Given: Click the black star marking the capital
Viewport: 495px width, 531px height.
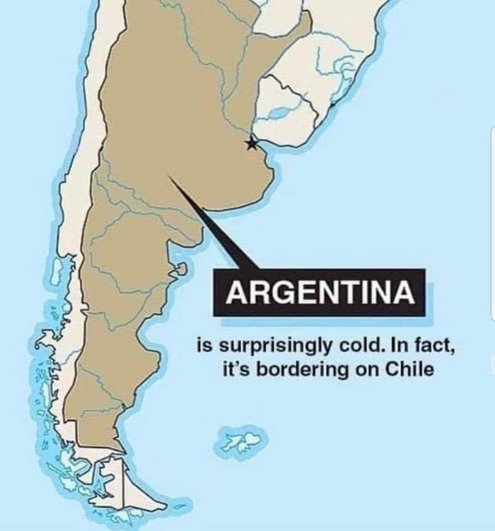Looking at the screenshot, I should pyautogui.click(x=251, y=143).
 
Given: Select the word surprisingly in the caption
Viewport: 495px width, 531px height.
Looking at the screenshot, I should pyautogui.click(x=265, y=348).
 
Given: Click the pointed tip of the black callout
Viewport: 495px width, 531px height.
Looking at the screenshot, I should pyautogui.click(x=170, y=177).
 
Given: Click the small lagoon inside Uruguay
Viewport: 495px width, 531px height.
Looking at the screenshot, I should pyautogui.click(x=278, y=113).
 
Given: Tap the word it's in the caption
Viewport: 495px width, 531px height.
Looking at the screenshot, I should pyautogui.click(x=238, y=369).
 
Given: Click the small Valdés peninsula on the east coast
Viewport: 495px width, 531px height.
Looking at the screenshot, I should pyautogui.click(x=180, y=269).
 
